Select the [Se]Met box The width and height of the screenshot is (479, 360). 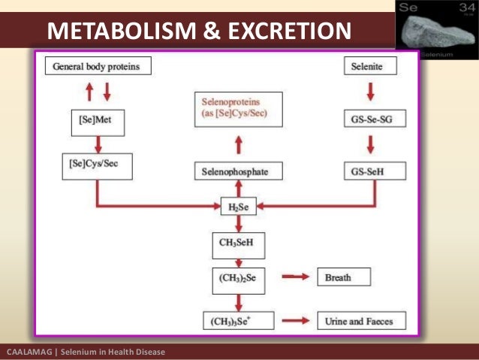[x=96, y=119]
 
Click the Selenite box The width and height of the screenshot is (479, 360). [x=370, y=66]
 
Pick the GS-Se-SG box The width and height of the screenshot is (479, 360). [x=369, y=119]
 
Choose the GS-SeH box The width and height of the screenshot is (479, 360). [x=369, y=171]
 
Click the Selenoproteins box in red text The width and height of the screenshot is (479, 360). [x=238, y=110]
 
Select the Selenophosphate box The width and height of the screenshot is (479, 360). [x=237, y=171]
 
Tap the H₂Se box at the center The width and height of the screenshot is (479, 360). [x=237, y=207]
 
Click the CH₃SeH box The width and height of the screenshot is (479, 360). [x=237, y=243]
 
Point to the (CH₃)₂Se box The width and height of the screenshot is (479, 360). [x=237, y=278]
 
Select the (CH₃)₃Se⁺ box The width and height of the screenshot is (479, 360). [x=239, y=321]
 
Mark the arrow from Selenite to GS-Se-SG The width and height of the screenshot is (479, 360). [x=369, y=92]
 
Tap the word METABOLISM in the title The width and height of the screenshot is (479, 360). [x=119, y=32]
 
